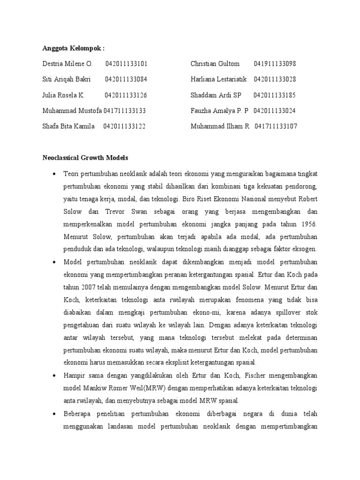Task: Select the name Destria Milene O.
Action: [x=68, y=64]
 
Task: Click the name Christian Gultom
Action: [x=215, y=64]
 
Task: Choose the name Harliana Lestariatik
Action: [x=218, y=79]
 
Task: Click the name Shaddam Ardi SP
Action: [x=216, y=95]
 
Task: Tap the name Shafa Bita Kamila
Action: [x=69, y=127]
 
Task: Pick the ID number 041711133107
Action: [x=276, y=127]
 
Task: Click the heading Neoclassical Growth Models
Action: [x=85, y=158]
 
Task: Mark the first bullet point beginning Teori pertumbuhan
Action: [x=55, y=174]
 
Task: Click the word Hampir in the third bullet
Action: [x=75, y=375]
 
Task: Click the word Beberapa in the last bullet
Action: [x=78, y=414]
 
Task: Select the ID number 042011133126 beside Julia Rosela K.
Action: [x=126, y=95]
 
